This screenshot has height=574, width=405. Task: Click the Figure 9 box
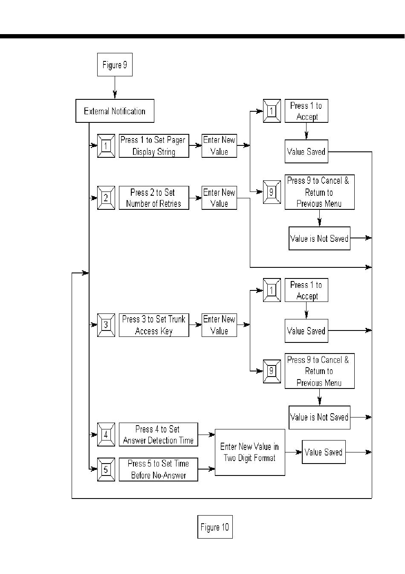(115, 65)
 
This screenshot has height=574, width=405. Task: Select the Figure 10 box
(215, 527)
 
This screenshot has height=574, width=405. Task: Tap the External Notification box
(115, 111)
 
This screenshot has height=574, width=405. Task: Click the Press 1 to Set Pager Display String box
(153, 146)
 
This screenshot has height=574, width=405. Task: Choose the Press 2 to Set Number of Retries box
(153, 198)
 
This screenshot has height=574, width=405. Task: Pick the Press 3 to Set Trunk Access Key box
(153, 325)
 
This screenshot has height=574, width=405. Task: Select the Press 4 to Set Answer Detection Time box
(158, 435)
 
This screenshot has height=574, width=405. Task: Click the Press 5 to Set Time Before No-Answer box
(158, 469)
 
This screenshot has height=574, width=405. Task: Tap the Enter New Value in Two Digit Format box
(250, 452)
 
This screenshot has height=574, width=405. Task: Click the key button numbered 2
(106, 198)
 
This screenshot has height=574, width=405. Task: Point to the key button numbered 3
(106, 325)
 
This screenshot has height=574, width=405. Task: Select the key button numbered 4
(106, 435)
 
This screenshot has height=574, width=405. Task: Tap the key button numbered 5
(106, 469)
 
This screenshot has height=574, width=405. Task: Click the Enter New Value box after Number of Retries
(219, 198)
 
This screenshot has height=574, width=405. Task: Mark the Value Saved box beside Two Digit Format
(324, 452)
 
